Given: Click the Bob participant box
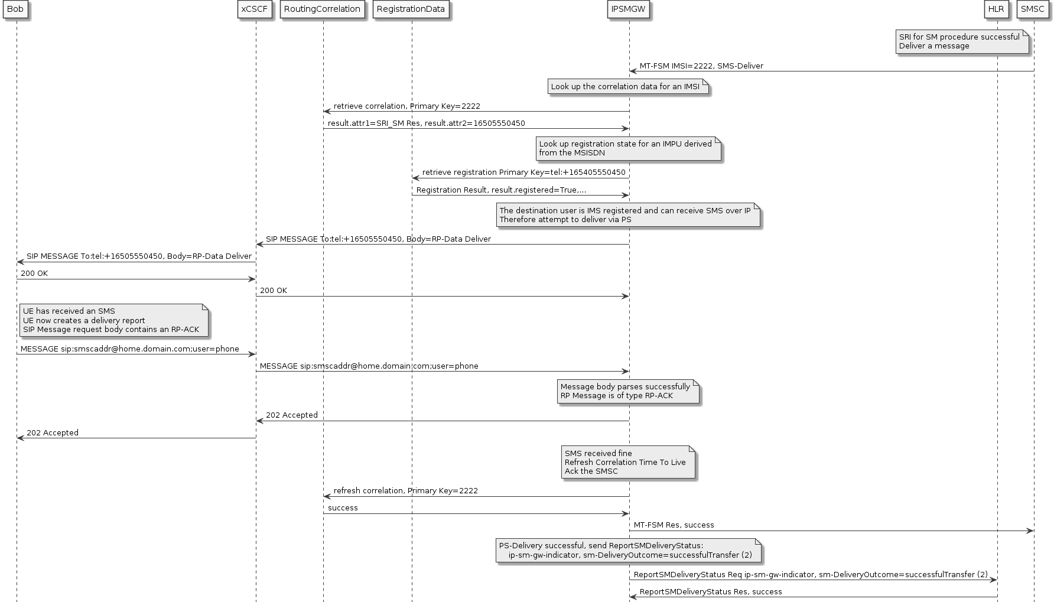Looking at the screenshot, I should [x=15, y=9].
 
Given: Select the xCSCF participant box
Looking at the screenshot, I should [x=255, y=9].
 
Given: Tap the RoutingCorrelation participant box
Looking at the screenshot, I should [x=322, y=9].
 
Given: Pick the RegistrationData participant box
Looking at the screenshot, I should [x=411, y=9].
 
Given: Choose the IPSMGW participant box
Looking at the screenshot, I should [x=628, y=9].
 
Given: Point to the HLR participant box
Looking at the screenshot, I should [x=996, y=9].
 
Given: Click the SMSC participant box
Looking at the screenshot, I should [x=1033, y=9].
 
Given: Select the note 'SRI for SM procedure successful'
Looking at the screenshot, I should [x=962, y=41].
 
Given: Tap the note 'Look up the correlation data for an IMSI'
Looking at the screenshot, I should [x=627, y=87].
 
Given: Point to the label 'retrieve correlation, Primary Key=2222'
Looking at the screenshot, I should [x=406, y=106].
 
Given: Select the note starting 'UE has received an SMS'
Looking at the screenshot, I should [x=113, y=320].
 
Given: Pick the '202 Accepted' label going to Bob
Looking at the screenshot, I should [x=53, y=433].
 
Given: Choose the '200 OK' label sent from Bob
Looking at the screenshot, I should [x=34, y=274].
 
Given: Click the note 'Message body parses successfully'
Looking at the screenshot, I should [x=627, y=391].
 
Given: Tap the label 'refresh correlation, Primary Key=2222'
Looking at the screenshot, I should [x=405, y=491].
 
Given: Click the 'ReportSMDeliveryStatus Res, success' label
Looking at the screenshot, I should [x=711, y=592].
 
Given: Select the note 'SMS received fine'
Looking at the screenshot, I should [x=627, y=462].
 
